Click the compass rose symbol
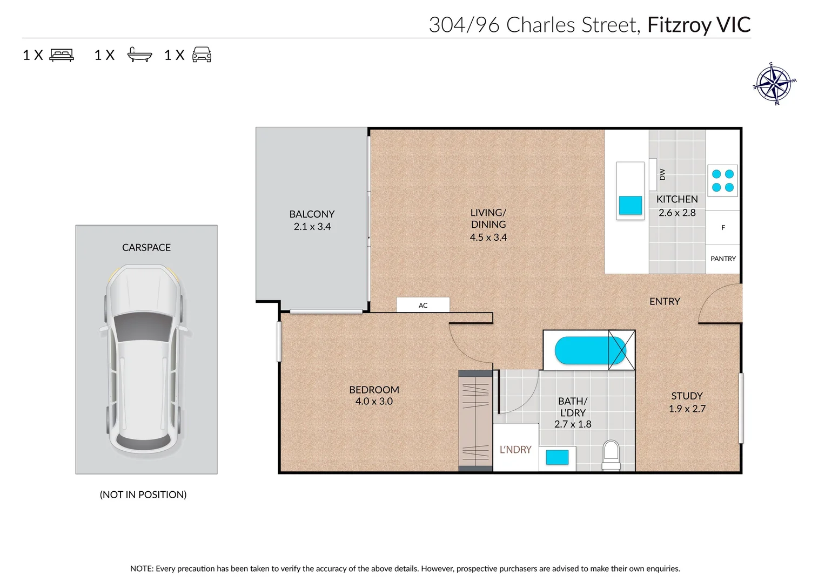click(775, 84)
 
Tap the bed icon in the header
click(62, 55)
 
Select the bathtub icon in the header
click(139, 55)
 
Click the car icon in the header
click(202, 55)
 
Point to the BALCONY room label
click(312, 214)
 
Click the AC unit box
click(423, 305)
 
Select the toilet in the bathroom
click(611, 455)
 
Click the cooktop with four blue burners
click(722, 181)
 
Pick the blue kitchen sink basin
click(630, 205)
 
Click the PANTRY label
click(723, 259)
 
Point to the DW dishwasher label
click(662, 174)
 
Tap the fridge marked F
click(723, 228)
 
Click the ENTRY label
click(665, 302)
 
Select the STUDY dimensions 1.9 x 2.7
click(687, 409)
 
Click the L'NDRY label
click(515, 450)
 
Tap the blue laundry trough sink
click(557, 457)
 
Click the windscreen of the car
click(143, 327)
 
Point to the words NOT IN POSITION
click(143, 494)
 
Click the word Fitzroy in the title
click(679, 25)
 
